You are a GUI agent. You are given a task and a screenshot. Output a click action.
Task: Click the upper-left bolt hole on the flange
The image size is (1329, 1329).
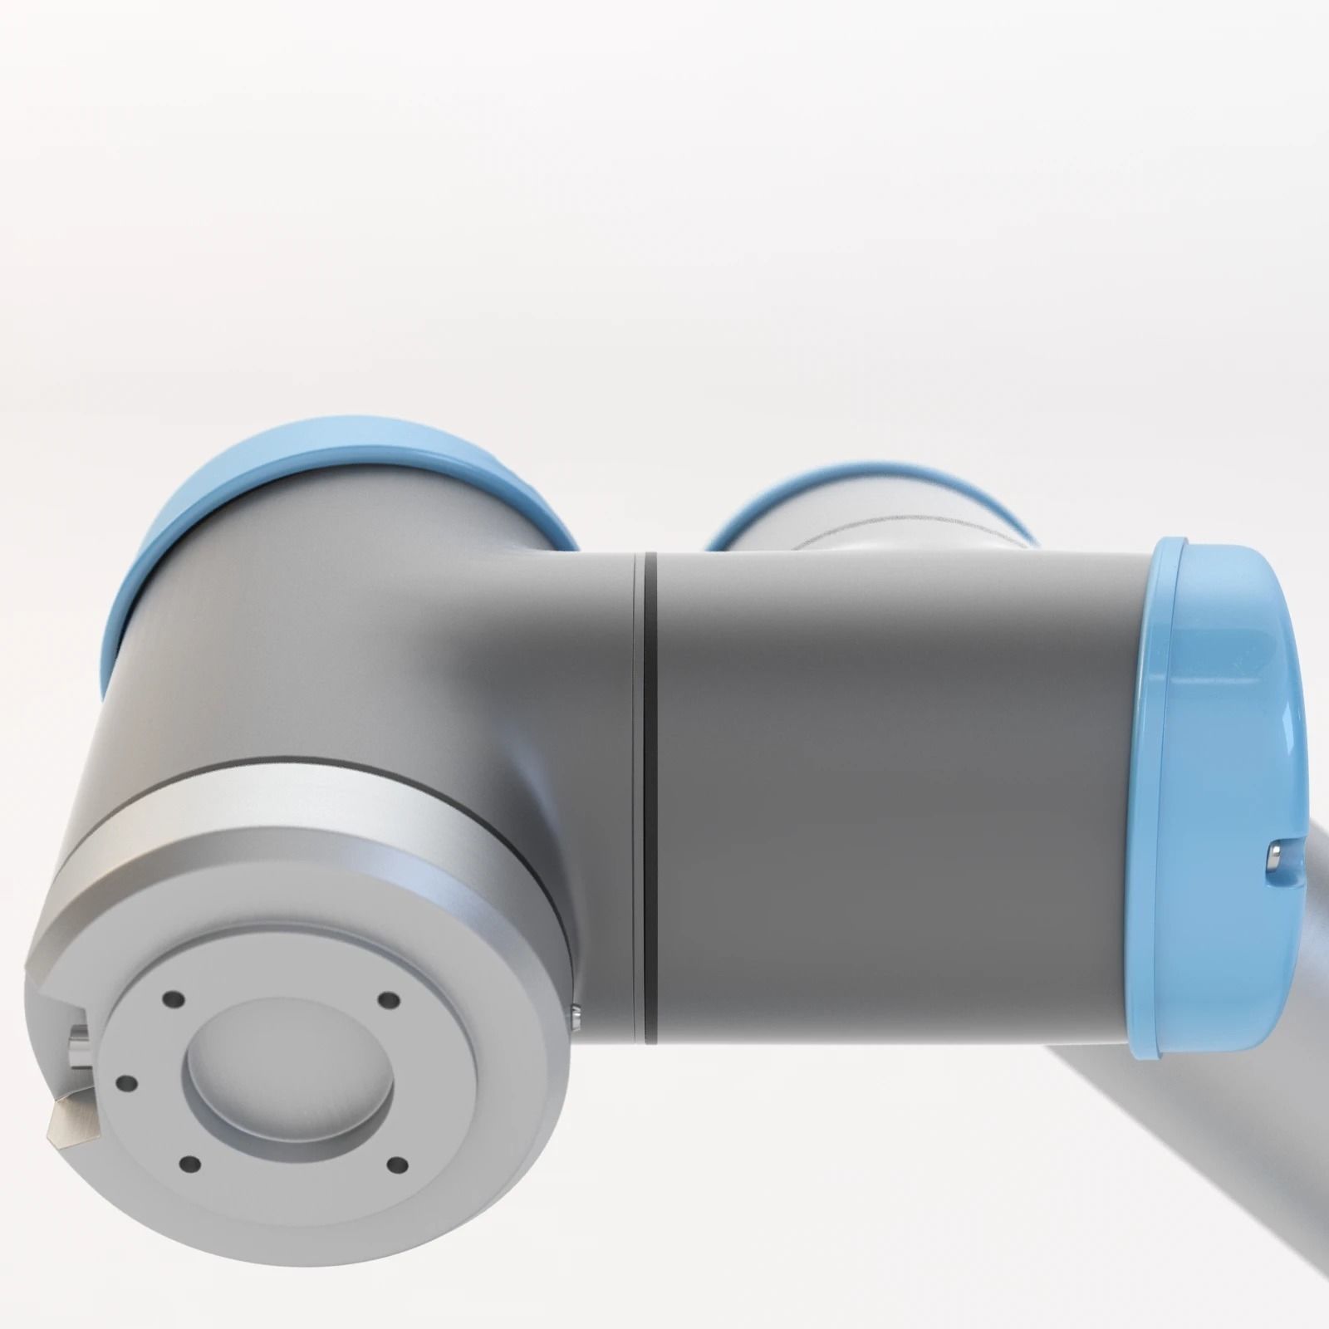point(172,998)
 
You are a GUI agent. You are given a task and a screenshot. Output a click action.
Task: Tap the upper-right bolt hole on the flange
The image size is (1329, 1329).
point(385,1000)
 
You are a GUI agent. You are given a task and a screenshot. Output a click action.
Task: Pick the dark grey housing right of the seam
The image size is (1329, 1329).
point(889,789)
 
